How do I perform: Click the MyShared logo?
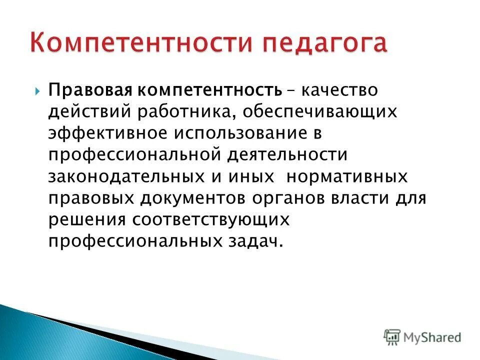click(x=422, y=337)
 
